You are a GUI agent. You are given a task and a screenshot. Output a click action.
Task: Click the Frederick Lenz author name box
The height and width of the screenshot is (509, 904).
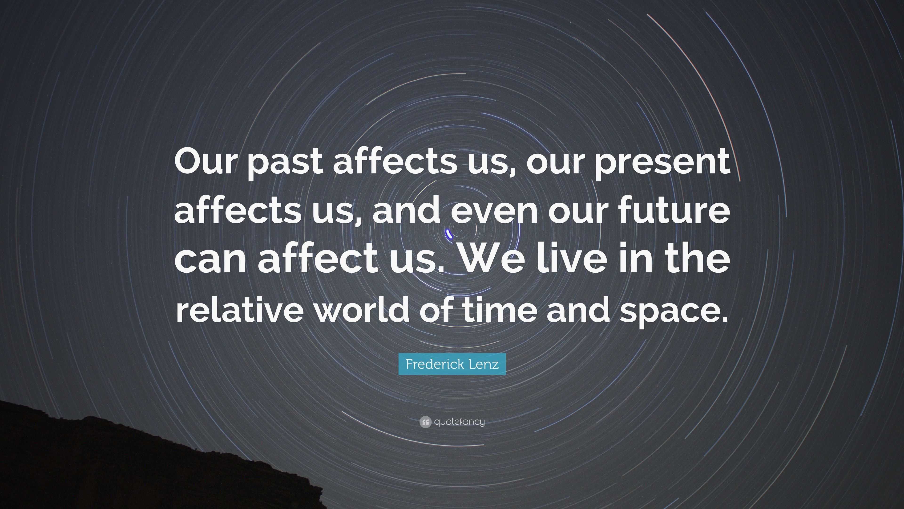click(x=452, y=364)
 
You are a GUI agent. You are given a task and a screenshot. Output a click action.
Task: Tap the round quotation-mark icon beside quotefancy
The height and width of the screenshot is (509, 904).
click(x=425, y=422)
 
